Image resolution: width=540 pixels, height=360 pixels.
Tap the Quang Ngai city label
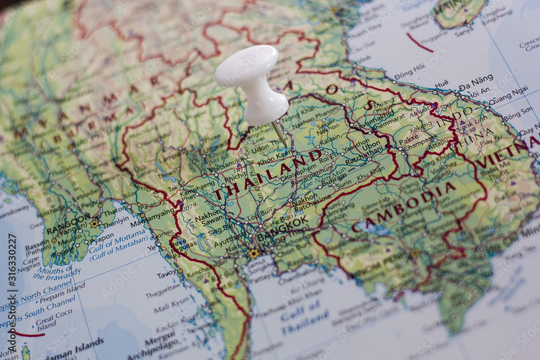(508, 95)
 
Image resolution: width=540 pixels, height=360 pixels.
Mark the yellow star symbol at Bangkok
(253, 253)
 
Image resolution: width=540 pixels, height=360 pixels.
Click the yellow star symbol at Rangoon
(94, 223)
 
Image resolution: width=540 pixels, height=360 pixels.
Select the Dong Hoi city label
(409, 72)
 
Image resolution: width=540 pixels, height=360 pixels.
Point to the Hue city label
(441, 84)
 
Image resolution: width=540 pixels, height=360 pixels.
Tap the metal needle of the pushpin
(279, 133)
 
